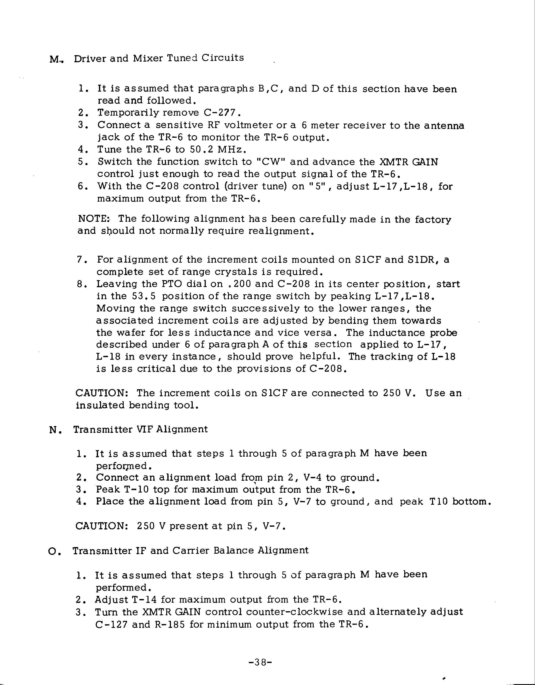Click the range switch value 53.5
pyautogui.click(x=143, y=296)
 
